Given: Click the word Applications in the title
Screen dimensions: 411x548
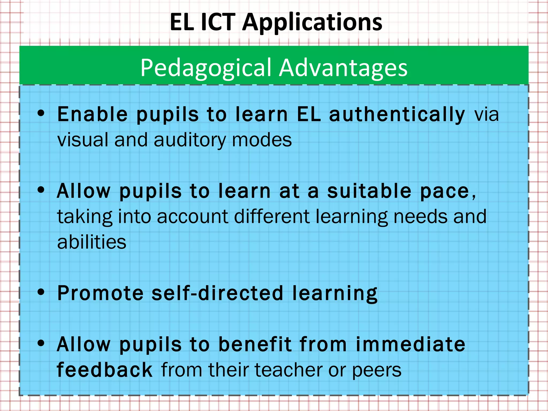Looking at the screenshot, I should click(x=312, y=22).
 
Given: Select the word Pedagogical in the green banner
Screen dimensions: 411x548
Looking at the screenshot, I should click(x=206, y=68).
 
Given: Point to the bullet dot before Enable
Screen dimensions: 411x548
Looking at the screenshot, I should click(x=41, y=113).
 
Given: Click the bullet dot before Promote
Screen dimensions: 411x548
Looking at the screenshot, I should click(x=41, y=292).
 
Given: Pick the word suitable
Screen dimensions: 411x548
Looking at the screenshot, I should click(x=369, y=191).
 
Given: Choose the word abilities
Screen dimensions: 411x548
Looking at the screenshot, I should click(x=92, y=242).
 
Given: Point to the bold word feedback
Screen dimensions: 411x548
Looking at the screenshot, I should click(x=105, y=370).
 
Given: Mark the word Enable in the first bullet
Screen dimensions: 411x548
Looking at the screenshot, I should click(x=93, y=115).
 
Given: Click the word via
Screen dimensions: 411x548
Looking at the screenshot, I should click(x=486, y=115).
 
